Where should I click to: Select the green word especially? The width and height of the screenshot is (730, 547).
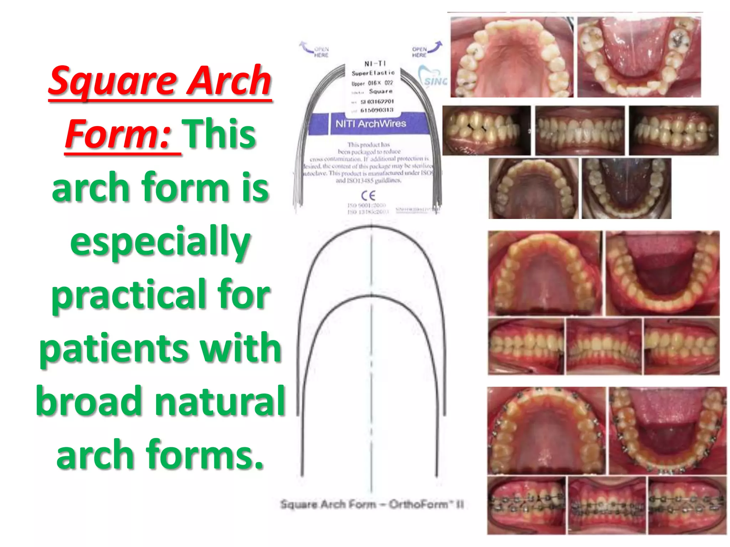pos(160,242)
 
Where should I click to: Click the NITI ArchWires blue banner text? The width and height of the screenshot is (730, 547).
pos(371,124)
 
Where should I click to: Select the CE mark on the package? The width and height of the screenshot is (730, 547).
pos(368,196)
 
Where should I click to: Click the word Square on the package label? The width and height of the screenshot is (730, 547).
pos(380,92)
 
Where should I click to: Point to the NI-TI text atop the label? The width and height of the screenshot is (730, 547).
pos(375,64)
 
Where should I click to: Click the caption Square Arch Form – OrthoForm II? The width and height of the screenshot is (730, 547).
pos(372,504)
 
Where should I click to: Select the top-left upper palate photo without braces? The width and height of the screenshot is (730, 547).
pos(511,57)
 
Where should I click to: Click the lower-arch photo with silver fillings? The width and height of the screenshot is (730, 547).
pos(639,57)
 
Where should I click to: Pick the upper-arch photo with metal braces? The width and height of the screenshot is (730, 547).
pos(546,430)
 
